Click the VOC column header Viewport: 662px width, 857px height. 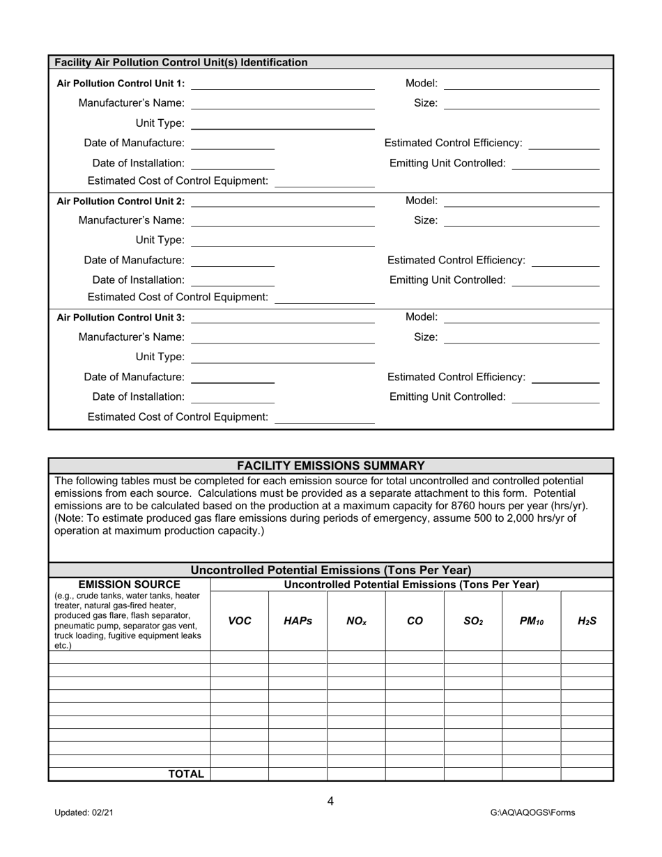coord(240,621)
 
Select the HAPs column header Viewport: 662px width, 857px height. coord(298,621)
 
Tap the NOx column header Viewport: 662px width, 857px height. coord(356,621)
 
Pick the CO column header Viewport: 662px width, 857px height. coord(415,621)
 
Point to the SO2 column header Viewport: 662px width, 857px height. coord(472,621)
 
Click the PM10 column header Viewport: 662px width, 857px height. coord(531,621)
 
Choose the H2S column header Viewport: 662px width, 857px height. coord(587,621)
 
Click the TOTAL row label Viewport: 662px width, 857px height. coord(185,774)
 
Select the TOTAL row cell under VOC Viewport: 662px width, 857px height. coord(240,774)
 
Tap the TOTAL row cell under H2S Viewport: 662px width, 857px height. coord(587,774)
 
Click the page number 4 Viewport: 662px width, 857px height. coord(330,801)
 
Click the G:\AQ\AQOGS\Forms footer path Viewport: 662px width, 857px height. coord(532,812)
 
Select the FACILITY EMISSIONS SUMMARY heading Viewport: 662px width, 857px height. coord(330,465)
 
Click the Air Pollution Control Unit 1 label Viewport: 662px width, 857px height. coord(121,84)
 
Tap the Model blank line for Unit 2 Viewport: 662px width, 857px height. coord(521,201)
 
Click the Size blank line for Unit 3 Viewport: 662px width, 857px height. coord(521,338)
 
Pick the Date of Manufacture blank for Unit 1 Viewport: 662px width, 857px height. coord(232,144)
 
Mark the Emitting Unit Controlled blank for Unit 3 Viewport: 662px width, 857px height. coord(555,397)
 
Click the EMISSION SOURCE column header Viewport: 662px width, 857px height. coord(130,585)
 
